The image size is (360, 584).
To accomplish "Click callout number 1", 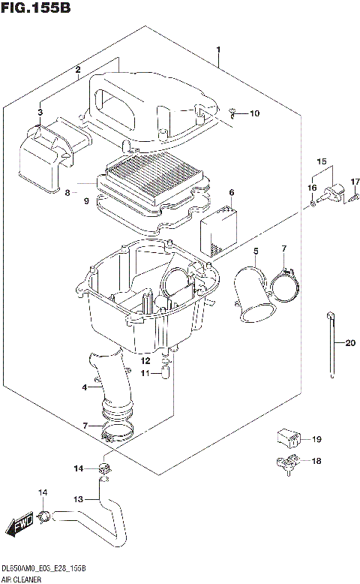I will [217, 51].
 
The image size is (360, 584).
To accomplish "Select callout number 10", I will [254, 114].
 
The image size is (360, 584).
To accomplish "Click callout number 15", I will [321, 161].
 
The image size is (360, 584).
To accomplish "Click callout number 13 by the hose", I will [79, 498].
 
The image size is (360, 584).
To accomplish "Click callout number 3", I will [41, 112].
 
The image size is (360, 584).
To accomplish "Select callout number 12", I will [147, 361].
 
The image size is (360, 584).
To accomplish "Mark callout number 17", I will [356, 182].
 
